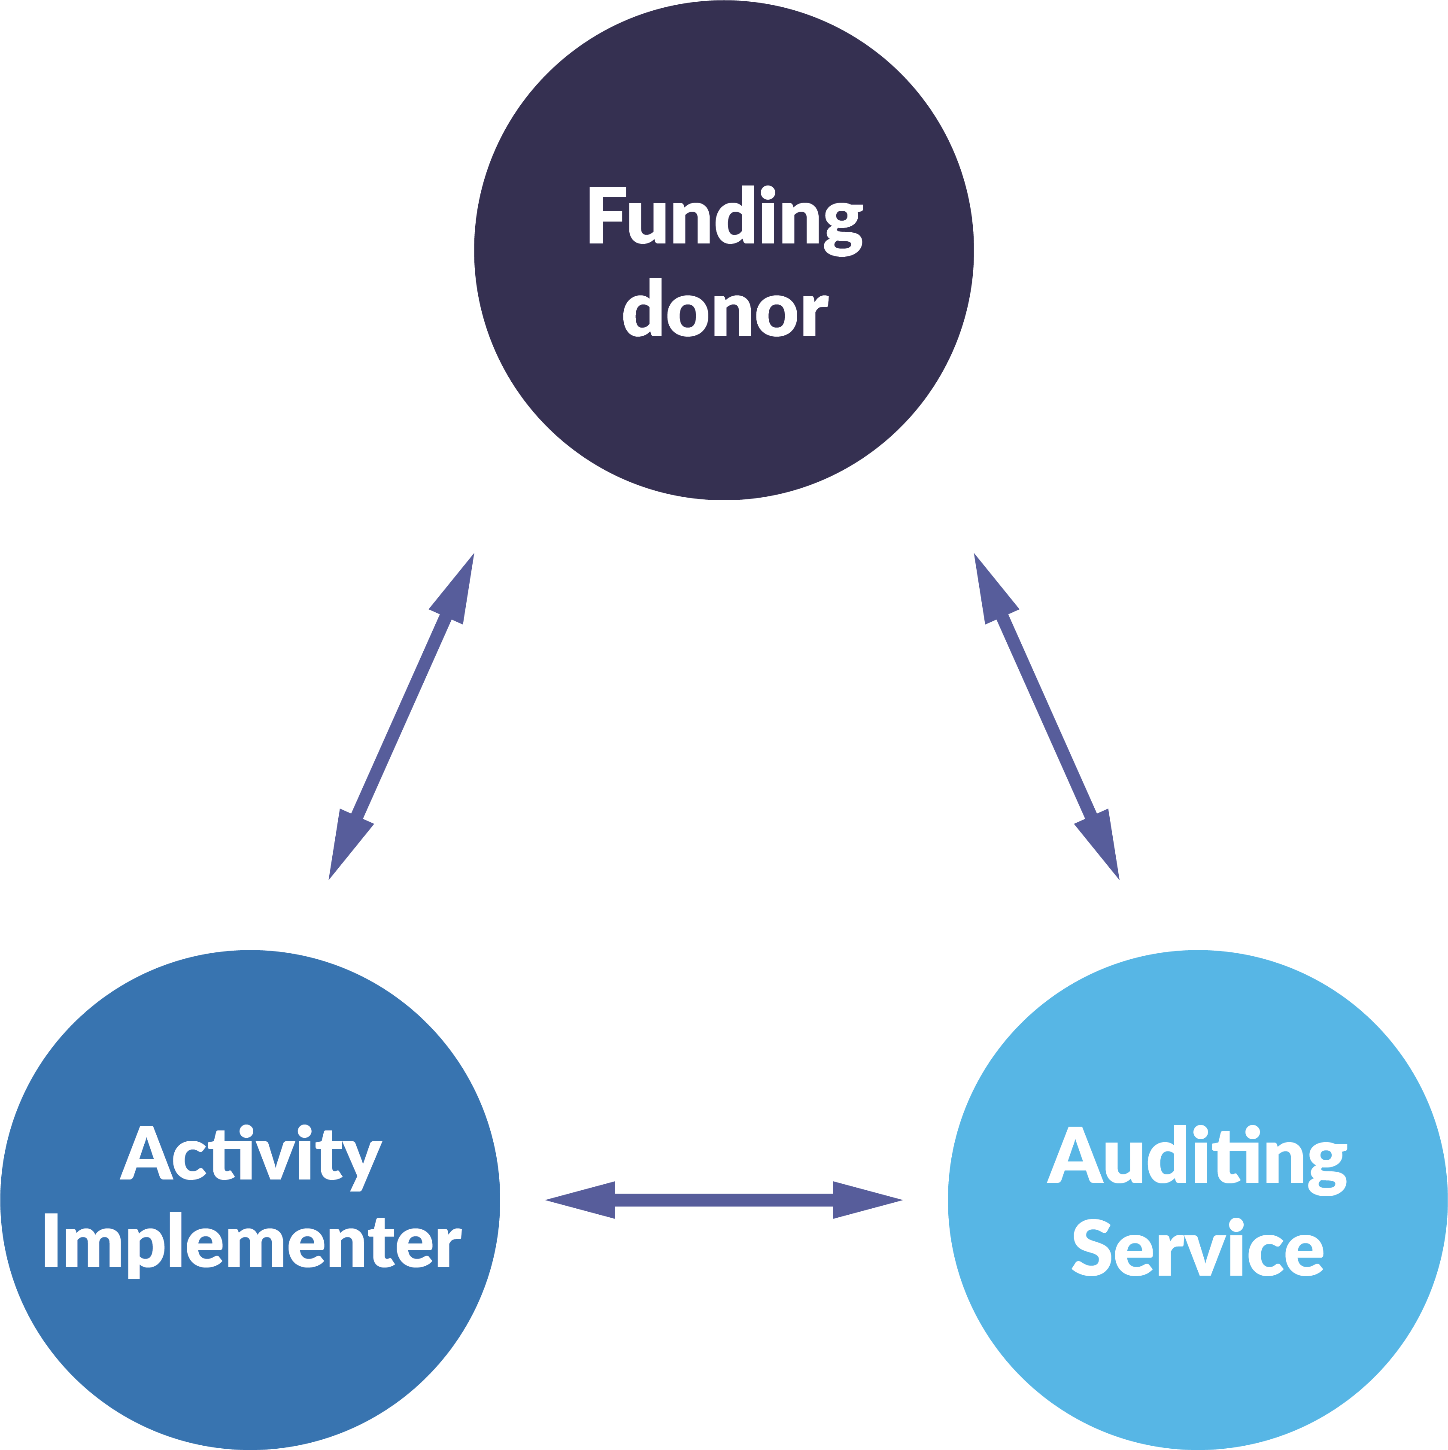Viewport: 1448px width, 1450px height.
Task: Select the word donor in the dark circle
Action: tap(725, 309)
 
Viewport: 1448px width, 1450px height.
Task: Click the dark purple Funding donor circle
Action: tap(724, 420)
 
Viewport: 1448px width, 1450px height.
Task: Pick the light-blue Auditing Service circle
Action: tap(1197, 1351)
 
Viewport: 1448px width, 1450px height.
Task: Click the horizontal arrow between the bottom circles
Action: tap(724, 1200)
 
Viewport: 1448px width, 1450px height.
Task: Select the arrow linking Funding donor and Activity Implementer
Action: tap(401, 717)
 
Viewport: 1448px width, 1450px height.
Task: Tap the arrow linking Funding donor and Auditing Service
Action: tap(1047, 717)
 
